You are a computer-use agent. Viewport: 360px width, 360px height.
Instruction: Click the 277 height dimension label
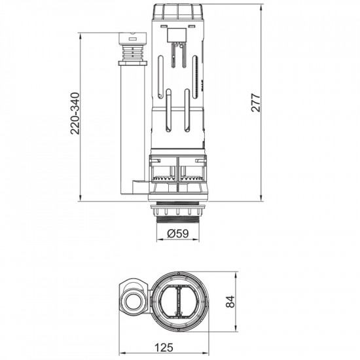(256, 103)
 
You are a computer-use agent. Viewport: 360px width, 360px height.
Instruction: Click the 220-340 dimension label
(75, 113)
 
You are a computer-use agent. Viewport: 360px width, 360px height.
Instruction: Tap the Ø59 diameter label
(178, 234)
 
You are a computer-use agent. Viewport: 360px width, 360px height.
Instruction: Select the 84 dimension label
(230, 302)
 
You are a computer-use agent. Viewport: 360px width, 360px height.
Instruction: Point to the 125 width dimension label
(164, 348)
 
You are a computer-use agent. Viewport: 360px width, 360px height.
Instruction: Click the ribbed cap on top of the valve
(178, 12)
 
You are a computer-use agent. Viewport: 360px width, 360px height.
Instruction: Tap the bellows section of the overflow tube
(133, 53)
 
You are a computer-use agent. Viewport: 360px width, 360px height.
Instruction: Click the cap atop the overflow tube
(133, 39)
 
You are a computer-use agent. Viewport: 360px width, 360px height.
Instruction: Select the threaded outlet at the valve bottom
(178, 219)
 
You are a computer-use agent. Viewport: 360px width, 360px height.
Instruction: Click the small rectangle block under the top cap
(176, 35)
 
